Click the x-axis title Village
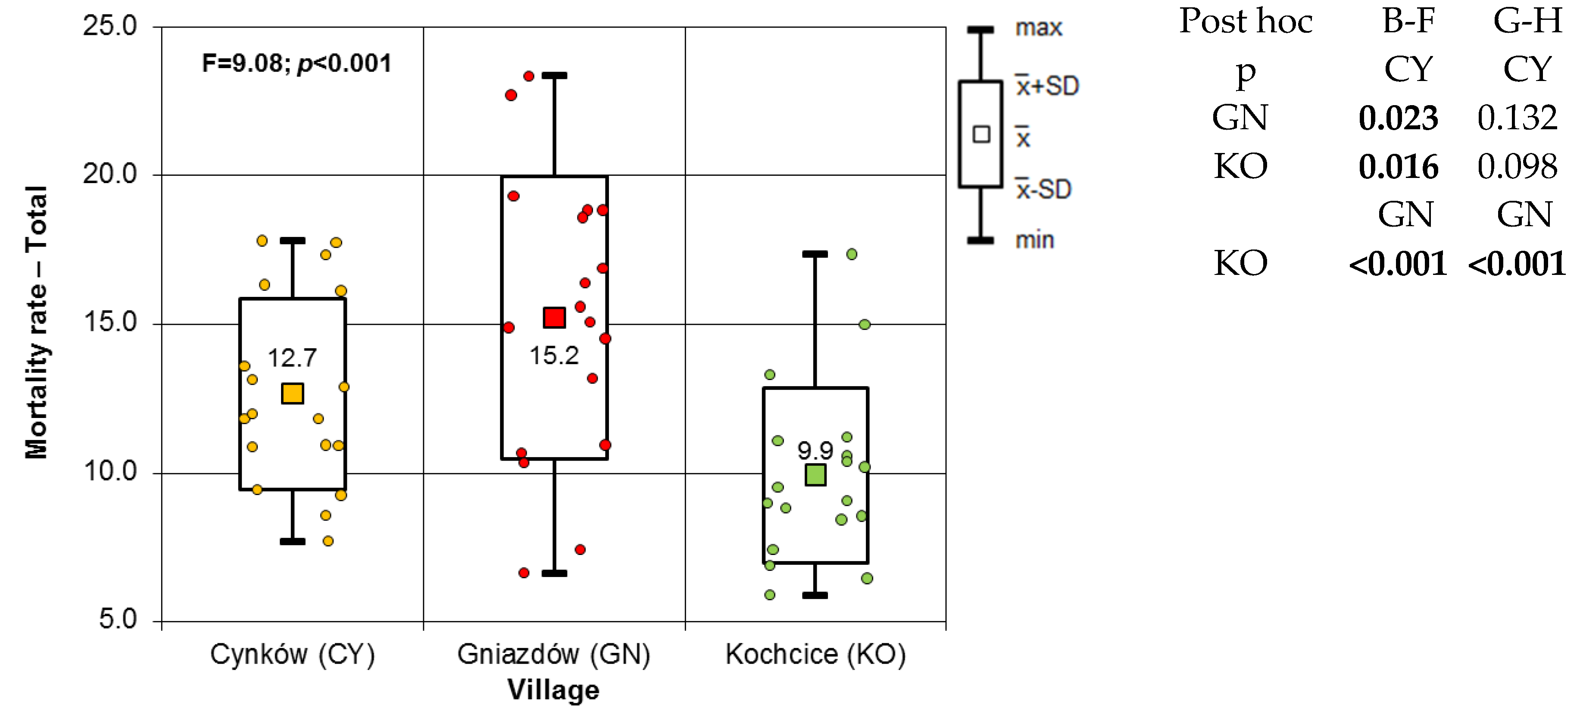[553, 689]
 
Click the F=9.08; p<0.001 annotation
[296, 63]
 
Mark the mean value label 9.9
[815, 451]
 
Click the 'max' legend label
[1038, 28]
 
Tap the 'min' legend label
[1034, 240]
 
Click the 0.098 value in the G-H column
[1517, 166]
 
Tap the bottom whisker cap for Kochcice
[815, 595]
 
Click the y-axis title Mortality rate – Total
[36, 322]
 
